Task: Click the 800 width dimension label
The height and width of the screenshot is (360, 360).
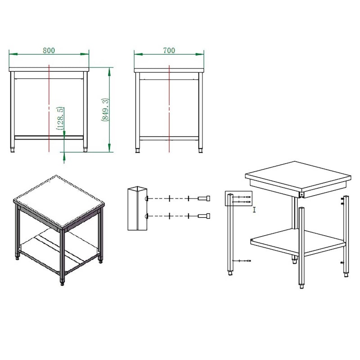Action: coord(49,50)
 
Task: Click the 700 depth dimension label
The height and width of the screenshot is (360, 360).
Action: coord(169,50)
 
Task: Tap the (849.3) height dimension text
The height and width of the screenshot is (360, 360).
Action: coord(105,110)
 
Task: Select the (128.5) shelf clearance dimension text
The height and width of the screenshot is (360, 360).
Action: coord(60,118)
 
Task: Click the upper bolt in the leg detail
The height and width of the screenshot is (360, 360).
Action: coord(204,198)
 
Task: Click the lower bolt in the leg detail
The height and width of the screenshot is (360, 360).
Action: coord(204,216)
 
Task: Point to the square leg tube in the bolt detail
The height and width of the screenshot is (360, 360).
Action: coord(137,208)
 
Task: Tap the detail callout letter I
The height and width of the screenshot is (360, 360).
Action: coord(254,210)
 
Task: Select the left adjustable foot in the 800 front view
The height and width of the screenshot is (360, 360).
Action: coord(13,150)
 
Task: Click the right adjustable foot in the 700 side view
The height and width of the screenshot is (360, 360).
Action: coord(200,151)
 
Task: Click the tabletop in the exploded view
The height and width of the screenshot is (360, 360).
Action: coord(298,177)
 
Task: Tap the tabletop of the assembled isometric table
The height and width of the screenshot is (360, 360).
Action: coord(59,201)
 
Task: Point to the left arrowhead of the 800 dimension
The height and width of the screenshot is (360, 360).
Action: coord(13,54)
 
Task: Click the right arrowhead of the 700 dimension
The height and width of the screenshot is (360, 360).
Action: coord(199,54)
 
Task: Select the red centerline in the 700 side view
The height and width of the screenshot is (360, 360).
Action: coord(169,108)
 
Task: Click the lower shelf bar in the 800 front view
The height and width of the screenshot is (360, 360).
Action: coord(49,138)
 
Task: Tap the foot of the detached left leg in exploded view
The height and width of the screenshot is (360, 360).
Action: coord(230,273)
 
